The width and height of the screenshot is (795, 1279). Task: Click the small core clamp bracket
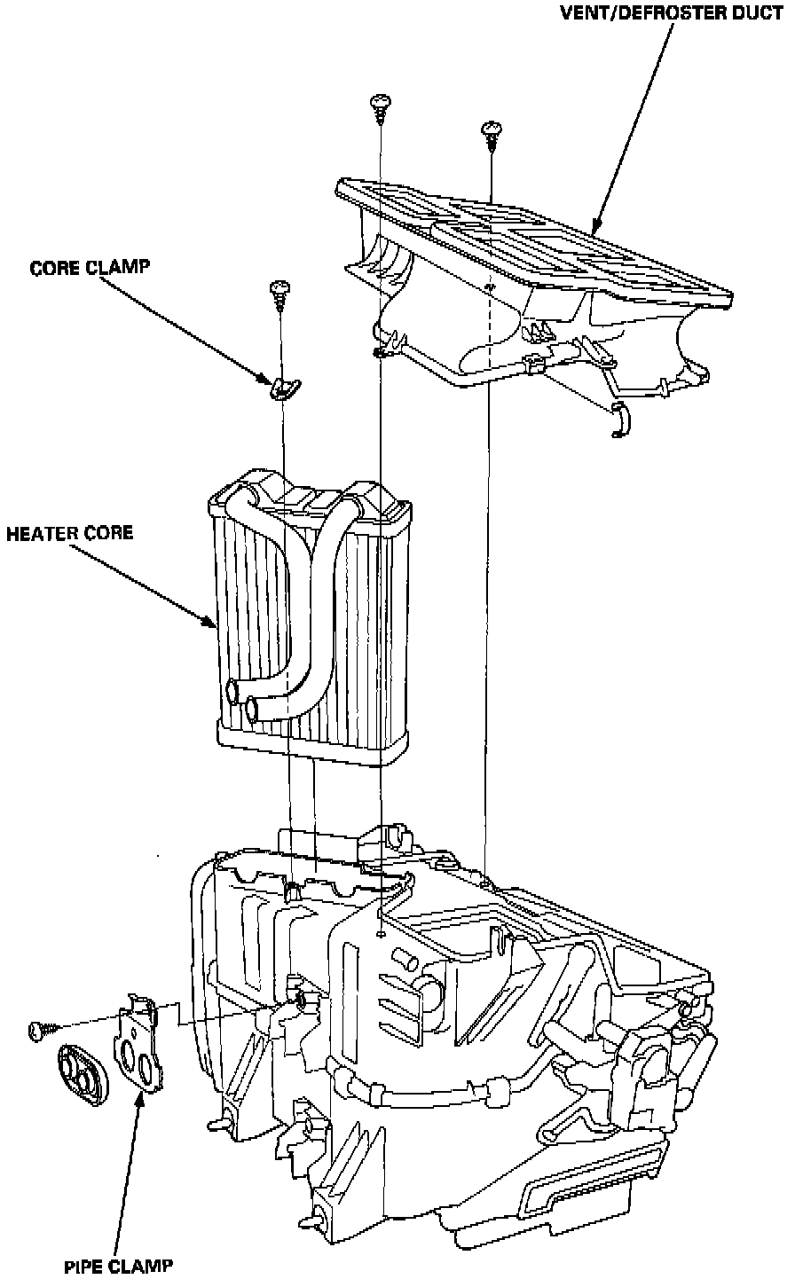284,388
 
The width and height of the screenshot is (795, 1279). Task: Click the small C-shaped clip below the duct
620,418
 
